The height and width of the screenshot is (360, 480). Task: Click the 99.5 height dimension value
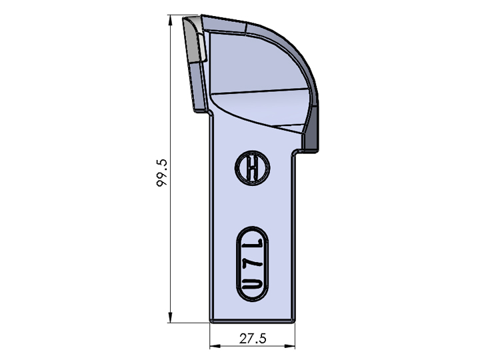[161, 173]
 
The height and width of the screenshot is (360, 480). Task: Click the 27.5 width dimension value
[253, 339]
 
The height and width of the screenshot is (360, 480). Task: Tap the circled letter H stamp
[252, 168]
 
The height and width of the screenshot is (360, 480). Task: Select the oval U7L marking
[252, 264]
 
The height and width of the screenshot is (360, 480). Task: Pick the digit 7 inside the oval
[253, 265]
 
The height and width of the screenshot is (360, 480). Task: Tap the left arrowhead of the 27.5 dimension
[215, 346]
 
